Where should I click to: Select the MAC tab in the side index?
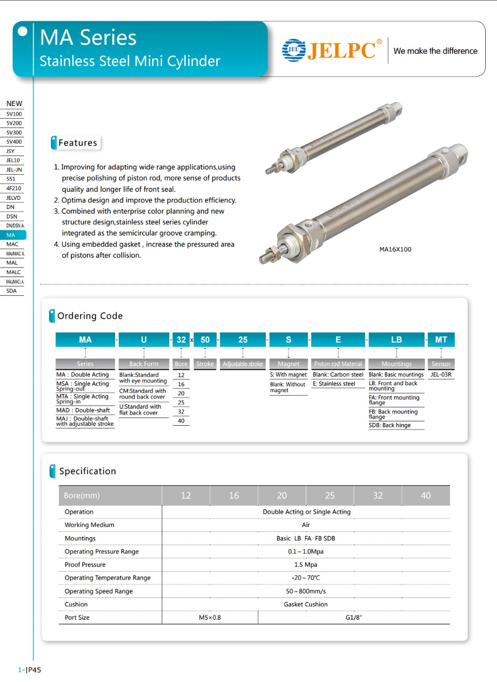pos(12,244)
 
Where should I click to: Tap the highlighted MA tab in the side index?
pos(12,234)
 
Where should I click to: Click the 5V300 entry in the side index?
pos(14,133)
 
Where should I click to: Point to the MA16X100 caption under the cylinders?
pos(395,249)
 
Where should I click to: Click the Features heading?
pos(78,143)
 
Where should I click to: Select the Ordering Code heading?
pos(90,316)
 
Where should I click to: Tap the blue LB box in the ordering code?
pos(396,339)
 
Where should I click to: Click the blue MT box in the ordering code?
pos(441,339)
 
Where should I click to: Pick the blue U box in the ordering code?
pos(144,339)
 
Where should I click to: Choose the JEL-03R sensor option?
pos(441,375)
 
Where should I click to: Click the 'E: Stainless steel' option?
pos(334,384)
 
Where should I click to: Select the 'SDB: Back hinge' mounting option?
pos(389,425)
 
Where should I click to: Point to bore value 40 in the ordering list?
pos(181,421)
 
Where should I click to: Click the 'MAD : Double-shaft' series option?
pos(83,410)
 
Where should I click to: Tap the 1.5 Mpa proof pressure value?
pos(306,565)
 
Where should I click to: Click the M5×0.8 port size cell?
pos(209,618)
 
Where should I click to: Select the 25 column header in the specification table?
pos(330,496)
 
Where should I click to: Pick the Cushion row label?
pos(76,604)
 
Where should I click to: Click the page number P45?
pos(34,670)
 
